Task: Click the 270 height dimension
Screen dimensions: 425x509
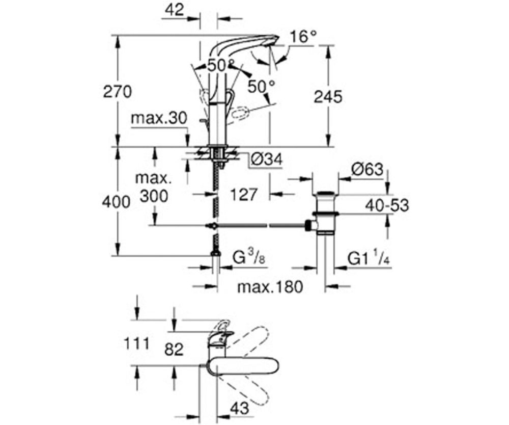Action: pyautogui.click(x=118, y=93)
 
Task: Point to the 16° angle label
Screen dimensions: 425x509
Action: pyautogui.click(x=303, y=37)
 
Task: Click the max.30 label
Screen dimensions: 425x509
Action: pyautogui.click(x=159, y=118)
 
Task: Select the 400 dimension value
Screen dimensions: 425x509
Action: pyautogui.click(x=116, y=202)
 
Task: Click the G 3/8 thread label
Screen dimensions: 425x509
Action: pyautogui.click(x=249, y=257)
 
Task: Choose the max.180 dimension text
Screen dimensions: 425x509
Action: pyautogui.click(x=270, y=287)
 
